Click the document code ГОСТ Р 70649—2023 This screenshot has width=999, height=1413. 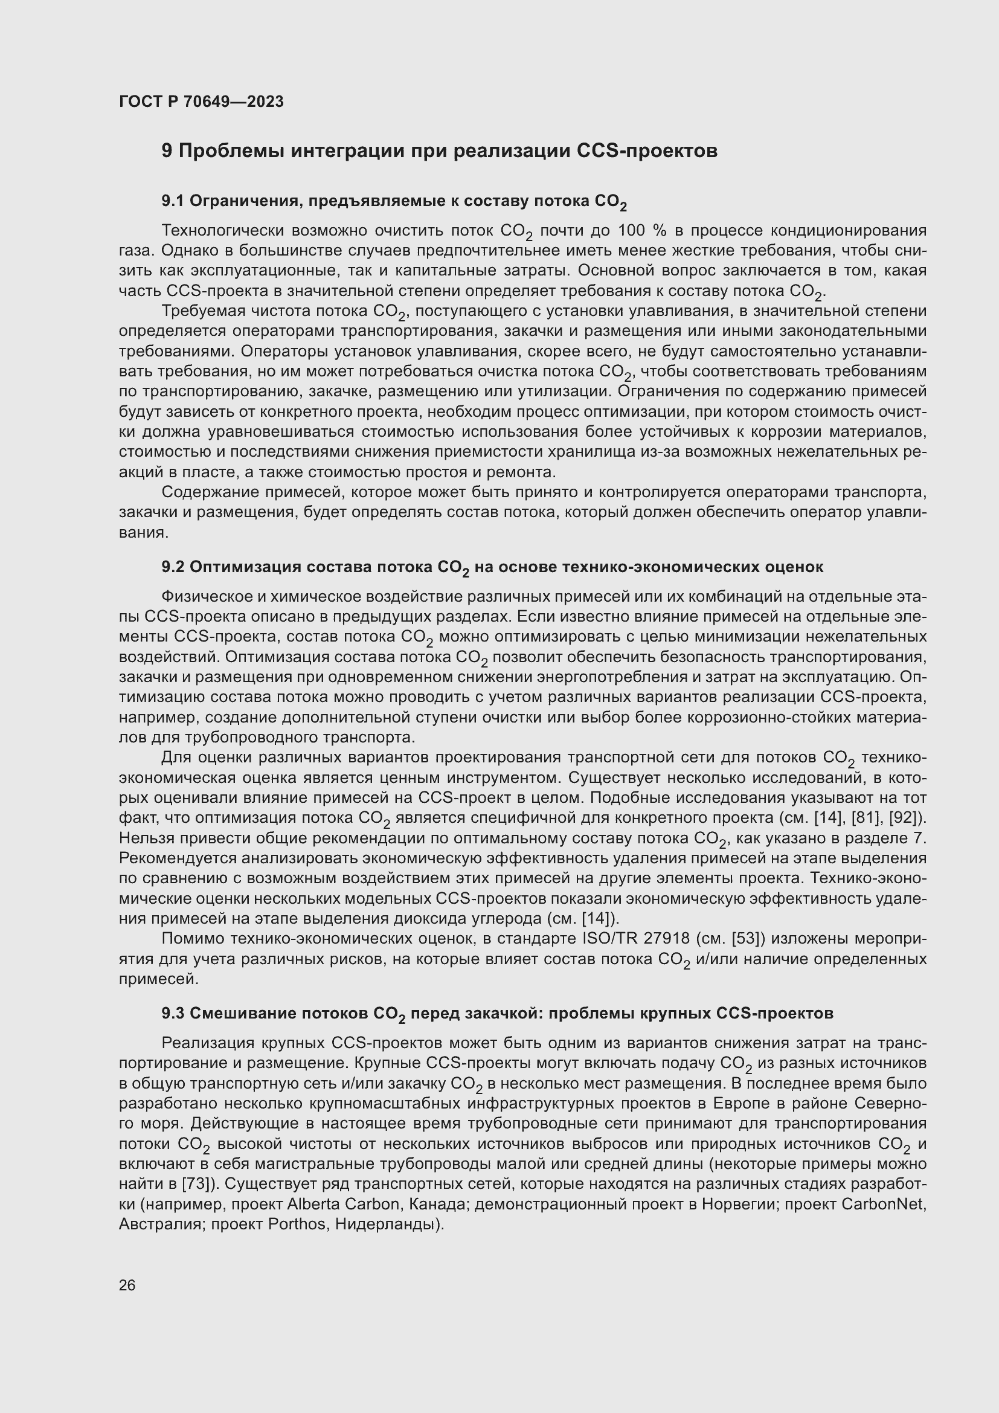[x=201, y=101]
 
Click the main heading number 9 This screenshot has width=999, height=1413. [x=167, y=151]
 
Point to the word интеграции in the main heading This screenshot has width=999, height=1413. [x=345, y=151]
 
